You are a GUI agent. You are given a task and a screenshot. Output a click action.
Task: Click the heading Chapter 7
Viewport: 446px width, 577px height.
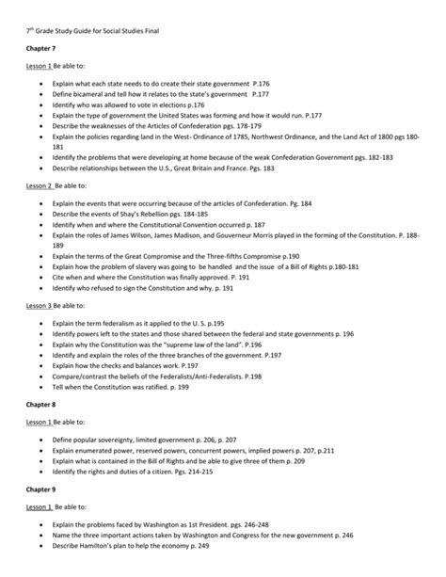[40, 44]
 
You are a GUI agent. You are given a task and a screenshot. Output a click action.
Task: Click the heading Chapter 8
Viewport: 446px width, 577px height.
[40, 402]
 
